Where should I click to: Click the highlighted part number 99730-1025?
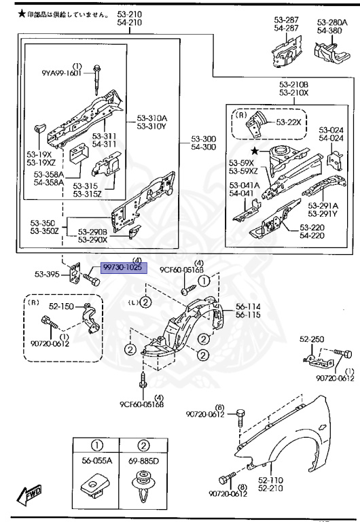[x=122, y=268]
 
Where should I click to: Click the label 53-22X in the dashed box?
[x=289, y=122]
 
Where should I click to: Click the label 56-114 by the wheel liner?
[x=248, y=307]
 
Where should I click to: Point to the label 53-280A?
[x=331, y=22]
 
